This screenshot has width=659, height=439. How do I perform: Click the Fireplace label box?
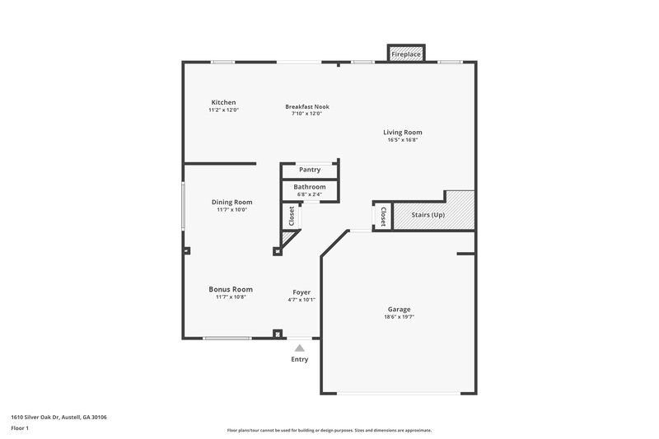click(x=405, y=54)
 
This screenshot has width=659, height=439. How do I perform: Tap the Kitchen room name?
click(x=223, y=102)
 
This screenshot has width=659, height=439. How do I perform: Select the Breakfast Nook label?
click(x=306, y=106)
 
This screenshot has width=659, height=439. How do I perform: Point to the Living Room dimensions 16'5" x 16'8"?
click(x=403, y=140)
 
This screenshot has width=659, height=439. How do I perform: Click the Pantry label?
click(x=310, y=170)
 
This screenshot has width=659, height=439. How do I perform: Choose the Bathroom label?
click(x=311, y=187)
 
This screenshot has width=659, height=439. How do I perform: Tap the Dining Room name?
click(x=231, y=202)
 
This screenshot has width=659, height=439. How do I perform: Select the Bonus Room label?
click(x=231, y=289)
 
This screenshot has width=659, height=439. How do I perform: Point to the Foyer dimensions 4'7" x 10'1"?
click(x=301, y=300)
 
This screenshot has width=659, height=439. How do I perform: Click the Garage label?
click(x=400, y=310)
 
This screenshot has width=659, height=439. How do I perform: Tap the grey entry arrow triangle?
click(x=300, y=348)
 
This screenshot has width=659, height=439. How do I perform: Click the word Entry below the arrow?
click(x=300, y=360)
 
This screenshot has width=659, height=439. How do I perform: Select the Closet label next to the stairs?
click(x=383, y=216)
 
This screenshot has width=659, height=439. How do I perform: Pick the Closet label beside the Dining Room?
click(x=292, y=216)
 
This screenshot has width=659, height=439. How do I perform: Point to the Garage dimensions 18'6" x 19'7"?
click(x=400, y=317)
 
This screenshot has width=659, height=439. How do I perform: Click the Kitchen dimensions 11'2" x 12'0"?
click(x=223, y=110)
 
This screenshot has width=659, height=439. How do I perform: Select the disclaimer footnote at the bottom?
click(x=329, y=430)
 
